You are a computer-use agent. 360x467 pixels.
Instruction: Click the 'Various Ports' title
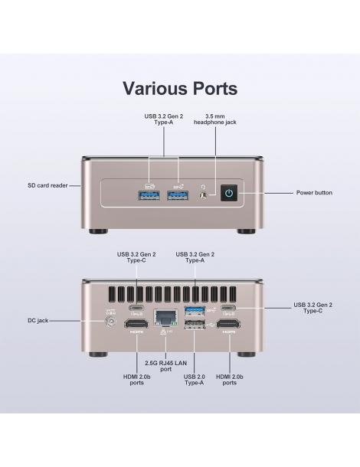coord(180,88)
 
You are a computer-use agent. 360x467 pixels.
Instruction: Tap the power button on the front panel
coord(229,193)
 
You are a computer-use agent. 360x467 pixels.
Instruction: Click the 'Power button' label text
coord(314,193)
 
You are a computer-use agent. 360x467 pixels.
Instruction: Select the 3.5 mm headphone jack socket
coord(204,196)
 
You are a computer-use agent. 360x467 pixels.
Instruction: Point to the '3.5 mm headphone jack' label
coord(215,119)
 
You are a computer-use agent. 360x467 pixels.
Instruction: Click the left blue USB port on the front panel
coord(149,195)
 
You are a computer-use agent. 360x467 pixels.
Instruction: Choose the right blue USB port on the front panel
coord(178,195)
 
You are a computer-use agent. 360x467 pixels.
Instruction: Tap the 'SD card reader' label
coord(47,185)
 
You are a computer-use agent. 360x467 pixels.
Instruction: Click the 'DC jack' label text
coord(38,321)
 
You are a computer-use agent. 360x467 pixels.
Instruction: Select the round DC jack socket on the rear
coord(111,322)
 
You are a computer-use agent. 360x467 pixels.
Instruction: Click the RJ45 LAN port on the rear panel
coord(165,317)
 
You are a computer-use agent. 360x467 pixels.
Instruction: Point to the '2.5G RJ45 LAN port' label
coord(165,366)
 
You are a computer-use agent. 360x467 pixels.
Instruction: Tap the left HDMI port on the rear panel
coord(136,324)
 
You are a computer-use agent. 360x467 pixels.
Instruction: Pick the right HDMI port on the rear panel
coord(228,324)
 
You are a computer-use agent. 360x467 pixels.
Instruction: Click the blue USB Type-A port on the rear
coord(195,311)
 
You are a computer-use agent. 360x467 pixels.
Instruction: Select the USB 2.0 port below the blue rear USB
coord(195,325)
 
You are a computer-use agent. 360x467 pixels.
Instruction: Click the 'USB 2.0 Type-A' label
coord(195,380)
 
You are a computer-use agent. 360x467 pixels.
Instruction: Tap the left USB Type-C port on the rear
coord(136,308)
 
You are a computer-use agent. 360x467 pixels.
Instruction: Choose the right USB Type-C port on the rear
coord(228,308)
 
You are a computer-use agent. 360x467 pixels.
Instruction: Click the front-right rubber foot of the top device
coord(246,231)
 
